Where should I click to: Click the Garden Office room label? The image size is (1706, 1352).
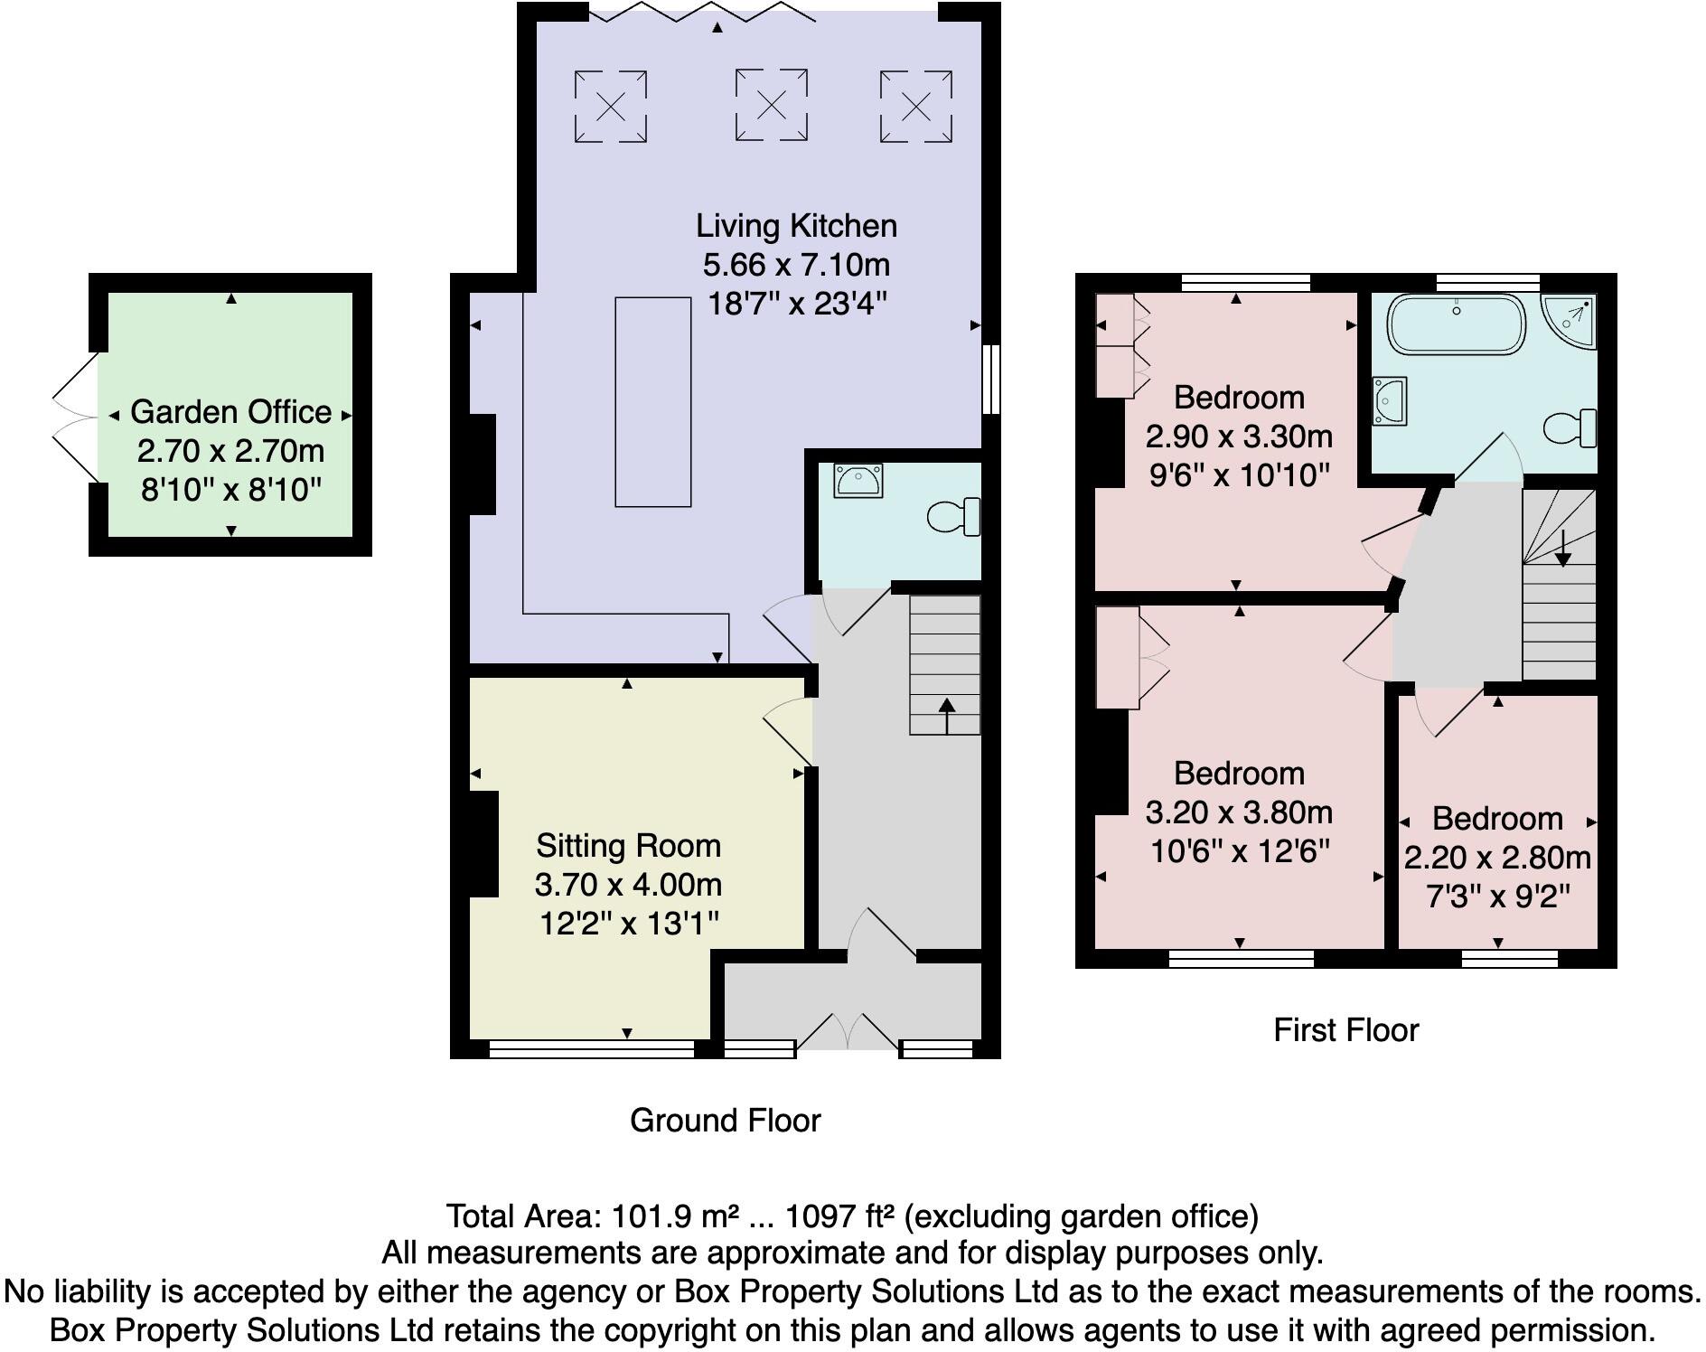coord(230,412)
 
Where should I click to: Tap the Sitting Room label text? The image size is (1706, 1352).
coord(628,846)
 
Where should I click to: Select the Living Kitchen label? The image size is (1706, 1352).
coord(796,226)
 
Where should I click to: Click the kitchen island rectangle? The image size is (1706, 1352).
coord(652,402)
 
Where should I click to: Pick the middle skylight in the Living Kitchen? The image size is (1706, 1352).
coord(771,106)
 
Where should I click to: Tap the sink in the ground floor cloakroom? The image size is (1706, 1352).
coord(858,481)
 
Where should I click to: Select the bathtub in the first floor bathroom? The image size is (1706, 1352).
coord(1456,324)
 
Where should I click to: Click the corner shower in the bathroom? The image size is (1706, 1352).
coord(1570,322)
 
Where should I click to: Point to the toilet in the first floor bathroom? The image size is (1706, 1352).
coord(1570,428)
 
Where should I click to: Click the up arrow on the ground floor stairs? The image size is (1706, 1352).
coord(946,713)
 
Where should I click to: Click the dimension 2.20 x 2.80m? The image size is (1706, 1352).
coord(1497,858)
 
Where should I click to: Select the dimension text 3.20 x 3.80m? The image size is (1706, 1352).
coord(1239,812)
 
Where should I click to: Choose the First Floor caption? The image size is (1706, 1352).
coord(1345,1030)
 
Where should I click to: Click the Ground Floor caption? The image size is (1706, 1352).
coord(725,1121)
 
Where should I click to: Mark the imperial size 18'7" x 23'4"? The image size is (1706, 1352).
coord(796,304)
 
